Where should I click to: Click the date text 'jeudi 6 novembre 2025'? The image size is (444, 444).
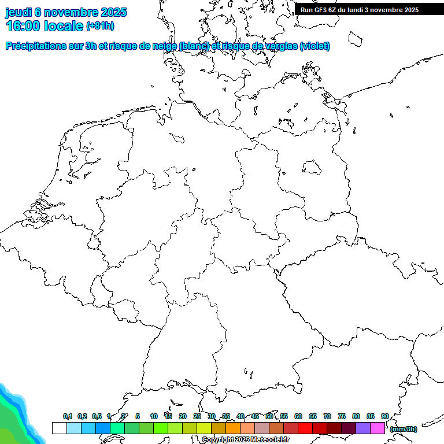66,12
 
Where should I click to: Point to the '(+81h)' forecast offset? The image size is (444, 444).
100,26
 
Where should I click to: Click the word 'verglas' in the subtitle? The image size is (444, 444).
279,46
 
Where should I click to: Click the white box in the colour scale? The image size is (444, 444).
59,428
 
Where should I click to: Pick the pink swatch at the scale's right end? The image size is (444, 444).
378,428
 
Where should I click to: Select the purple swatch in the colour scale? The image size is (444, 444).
363,428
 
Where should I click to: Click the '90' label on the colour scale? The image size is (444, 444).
384,416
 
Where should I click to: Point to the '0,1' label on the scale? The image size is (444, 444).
67,416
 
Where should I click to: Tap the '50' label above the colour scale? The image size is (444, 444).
269,416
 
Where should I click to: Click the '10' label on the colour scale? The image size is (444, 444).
153,416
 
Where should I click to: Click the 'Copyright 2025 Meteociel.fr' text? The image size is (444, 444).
246,439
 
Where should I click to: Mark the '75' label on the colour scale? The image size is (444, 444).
341,416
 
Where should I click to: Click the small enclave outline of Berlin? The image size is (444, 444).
312,167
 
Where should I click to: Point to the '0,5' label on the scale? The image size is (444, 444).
96,416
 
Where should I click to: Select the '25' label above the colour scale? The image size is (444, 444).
197,416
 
